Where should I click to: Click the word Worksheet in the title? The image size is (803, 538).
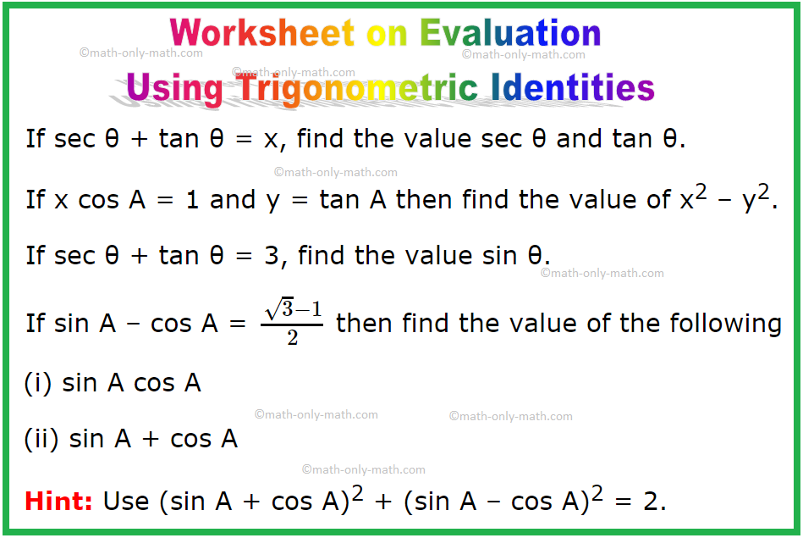(x=262, y=33)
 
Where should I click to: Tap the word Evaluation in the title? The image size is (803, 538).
(x=510, y=33)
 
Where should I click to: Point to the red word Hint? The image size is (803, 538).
(x=58, y=501)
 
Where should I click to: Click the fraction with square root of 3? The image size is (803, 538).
(x=292, y=323)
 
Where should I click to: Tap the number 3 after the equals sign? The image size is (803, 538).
(x=272, y=255)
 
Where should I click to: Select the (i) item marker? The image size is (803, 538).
(x=38, y=383)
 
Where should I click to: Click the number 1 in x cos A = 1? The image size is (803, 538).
(x=193, y=200)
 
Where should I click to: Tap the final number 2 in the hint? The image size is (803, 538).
(x=652, y=502)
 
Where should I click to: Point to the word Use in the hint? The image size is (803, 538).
(x=126, y=502)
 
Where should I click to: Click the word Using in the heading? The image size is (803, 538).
(x=174, y=89)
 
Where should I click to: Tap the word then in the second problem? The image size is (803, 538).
(x=424, y=199)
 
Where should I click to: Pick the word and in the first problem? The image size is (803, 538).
(x=579, y=139)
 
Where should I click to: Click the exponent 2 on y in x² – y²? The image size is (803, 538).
(x=763, y=192)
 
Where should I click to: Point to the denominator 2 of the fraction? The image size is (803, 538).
(x=293, y=337)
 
